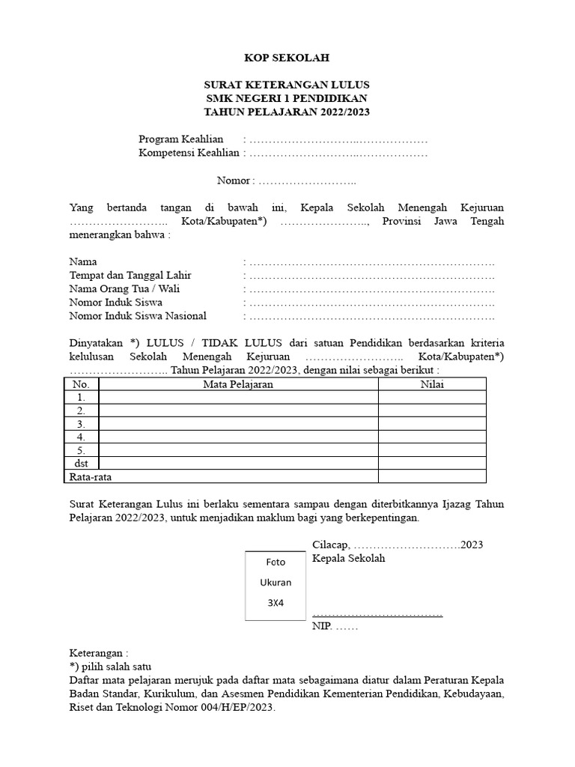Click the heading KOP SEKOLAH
point(287,58)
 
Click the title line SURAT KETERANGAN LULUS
point(287,85)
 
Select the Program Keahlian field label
point(181,139)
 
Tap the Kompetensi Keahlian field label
point(189,153)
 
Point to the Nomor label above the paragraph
point(235,181)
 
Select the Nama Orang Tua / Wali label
point(124,289)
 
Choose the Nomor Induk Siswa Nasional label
point(137,316)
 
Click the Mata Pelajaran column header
point(238,384)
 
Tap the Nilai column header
point(431,384)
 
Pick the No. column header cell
point(80,384)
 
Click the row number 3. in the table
point(80,424)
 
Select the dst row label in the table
point(80,464)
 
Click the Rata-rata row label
point(94,476)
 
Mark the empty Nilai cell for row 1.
point(431,398)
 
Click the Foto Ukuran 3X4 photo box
point(276,584)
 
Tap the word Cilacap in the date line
point(329,545)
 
